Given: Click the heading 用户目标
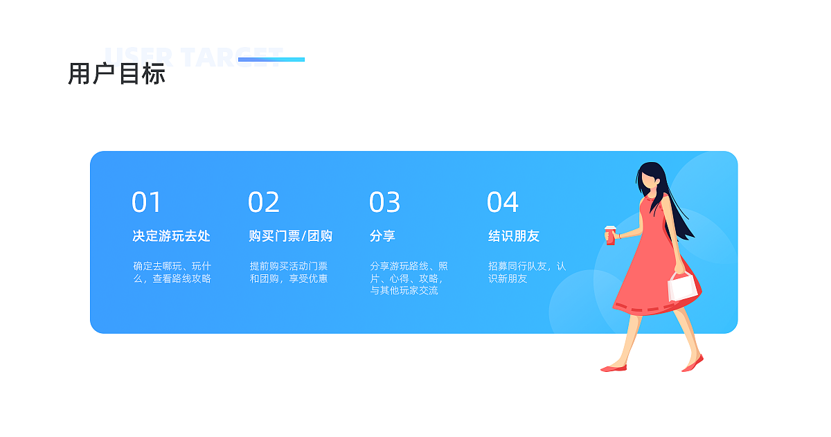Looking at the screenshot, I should (116, 73).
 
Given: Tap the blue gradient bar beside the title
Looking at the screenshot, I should (271, 60).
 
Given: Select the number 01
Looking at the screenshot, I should (146, 202).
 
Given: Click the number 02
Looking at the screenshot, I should (264, 202).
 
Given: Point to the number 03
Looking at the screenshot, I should (384, 202).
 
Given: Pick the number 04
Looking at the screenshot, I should (502, 202).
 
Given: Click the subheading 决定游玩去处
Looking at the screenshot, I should (171, 236).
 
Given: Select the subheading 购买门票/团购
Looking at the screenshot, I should (290, 236).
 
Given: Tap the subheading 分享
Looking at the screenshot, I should (382, 236).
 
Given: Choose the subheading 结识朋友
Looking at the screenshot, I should (513, 236).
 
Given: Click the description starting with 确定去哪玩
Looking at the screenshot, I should (172, 272).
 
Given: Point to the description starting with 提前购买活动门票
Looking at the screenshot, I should (289, 272).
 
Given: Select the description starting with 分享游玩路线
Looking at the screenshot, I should (409, 278).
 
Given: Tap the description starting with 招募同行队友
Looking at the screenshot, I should (527, 272).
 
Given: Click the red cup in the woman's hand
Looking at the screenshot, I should (610, 235).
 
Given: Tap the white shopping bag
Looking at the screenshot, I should (682, 287).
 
